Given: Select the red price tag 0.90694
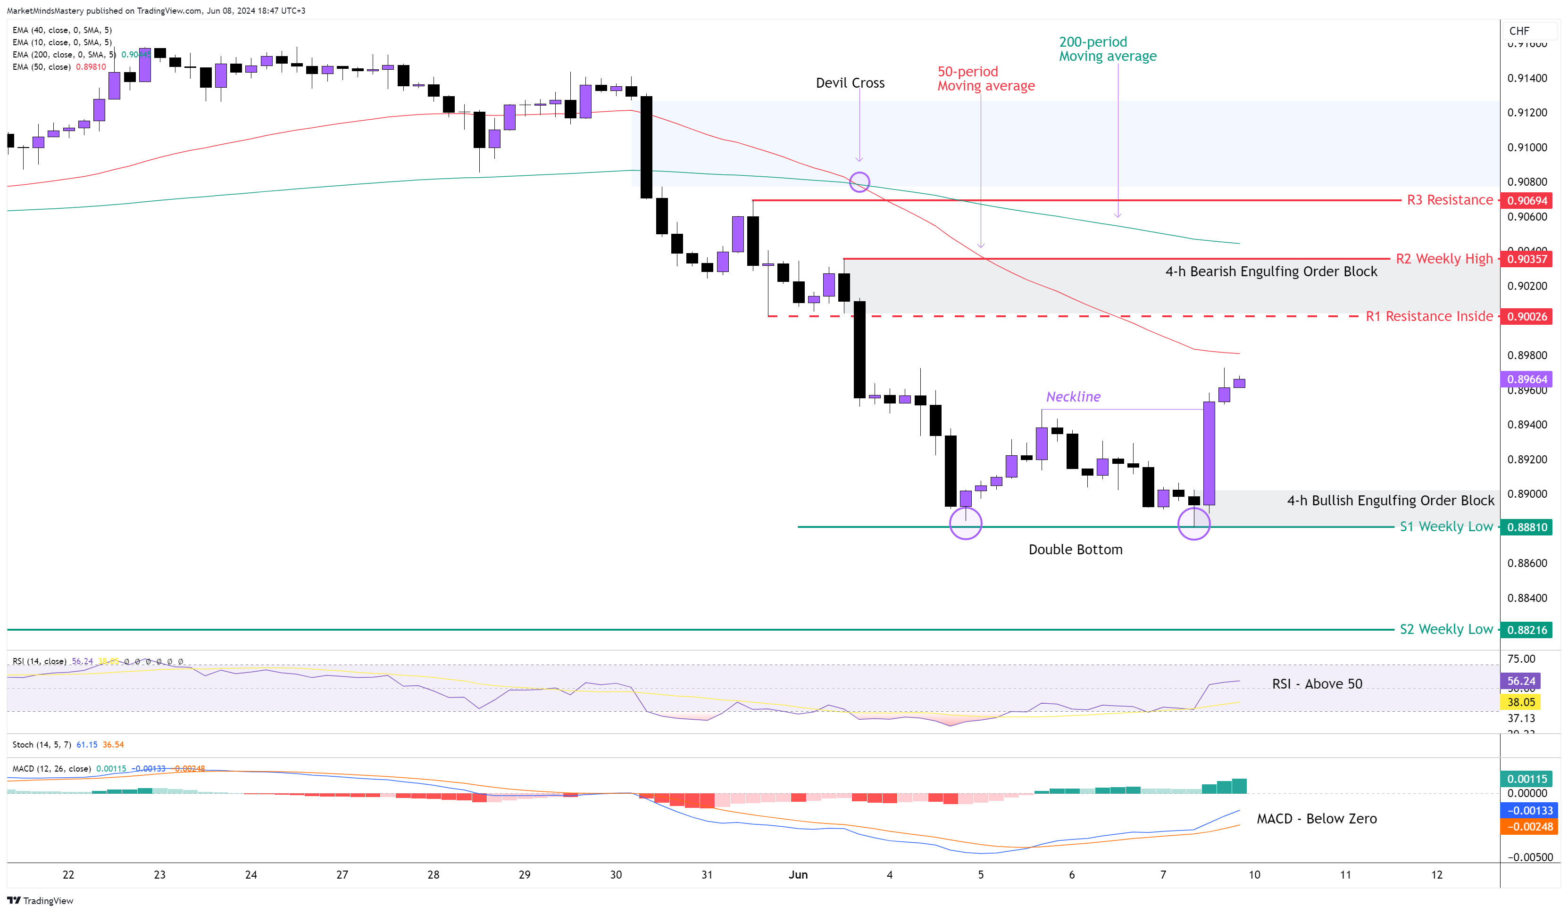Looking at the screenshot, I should click(1526, 200).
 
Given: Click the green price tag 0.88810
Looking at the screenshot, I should click(1526, 527).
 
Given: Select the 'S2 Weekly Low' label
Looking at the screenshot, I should click(1445, 629).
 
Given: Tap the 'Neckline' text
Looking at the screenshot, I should click(1073, 396).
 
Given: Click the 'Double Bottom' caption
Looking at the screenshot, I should click(1075, 549).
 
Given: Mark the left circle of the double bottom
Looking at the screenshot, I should click(965, 523).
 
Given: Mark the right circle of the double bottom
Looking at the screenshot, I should click(1193, 524).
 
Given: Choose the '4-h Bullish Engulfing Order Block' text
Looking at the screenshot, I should click(1390, 500).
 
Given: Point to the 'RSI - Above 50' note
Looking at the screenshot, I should click(1317, 683).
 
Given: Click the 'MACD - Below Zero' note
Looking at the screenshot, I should click(1316, 818).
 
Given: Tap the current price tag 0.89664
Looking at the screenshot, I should click(1526, 379).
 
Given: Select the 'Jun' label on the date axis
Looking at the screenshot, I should click(798, 874).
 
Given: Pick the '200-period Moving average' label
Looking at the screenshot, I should click(1107, 49).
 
